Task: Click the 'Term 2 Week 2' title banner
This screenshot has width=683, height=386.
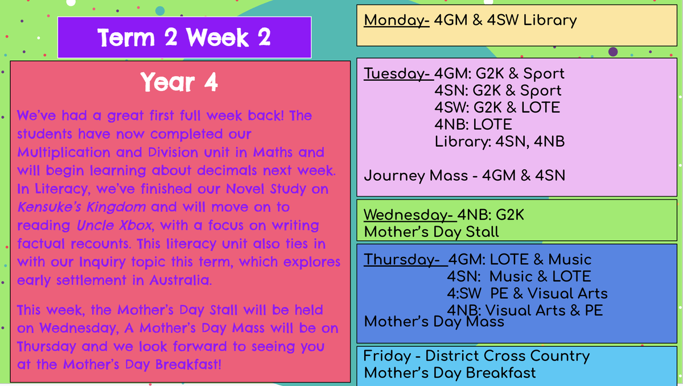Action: point(184,37)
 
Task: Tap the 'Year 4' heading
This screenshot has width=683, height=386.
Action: point(179,82)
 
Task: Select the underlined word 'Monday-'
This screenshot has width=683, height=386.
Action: point(397,20)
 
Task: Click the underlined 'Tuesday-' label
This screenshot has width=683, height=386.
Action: point(398,74)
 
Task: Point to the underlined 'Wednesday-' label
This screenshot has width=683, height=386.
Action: point(410,215)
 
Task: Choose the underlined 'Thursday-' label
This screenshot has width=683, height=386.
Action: point(405,260)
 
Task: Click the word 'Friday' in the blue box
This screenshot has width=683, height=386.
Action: point(387,356)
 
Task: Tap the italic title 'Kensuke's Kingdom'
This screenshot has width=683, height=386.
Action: point(81,207)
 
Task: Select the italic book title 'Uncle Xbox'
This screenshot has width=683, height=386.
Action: point(114,226)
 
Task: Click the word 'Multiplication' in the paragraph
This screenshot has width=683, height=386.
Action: point(64,152)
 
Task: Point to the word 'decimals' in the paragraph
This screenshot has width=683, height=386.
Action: point(227,171)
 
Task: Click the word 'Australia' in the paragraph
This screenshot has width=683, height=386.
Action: point(180,280)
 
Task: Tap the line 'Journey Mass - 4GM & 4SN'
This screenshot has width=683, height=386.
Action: point(464,176)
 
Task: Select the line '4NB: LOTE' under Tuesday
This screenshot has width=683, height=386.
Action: point(473,124)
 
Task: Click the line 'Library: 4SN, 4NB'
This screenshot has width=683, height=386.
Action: point(500,142)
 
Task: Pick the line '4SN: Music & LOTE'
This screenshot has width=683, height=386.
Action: point(519,277)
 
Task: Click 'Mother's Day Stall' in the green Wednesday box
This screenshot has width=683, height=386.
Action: point(431,232)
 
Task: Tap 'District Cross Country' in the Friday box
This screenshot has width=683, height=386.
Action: point(507,356)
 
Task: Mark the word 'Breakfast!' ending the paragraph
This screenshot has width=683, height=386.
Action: point(188,364)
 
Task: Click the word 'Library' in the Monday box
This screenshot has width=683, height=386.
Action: point(550,20)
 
